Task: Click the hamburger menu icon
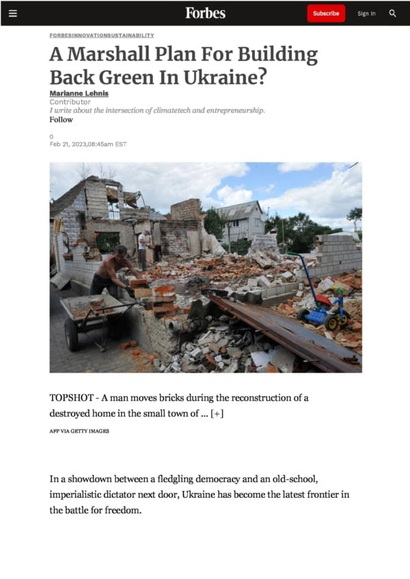click(12, 13)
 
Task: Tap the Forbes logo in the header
click(205, 13)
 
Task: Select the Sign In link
click(366, 14)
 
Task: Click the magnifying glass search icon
click(393, 13)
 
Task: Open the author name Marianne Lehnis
click(79, 94)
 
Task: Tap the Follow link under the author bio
click(61, 119)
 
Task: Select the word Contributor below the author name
click(70, 102)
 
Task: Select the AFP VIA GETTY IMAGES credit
click(79, 431)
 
